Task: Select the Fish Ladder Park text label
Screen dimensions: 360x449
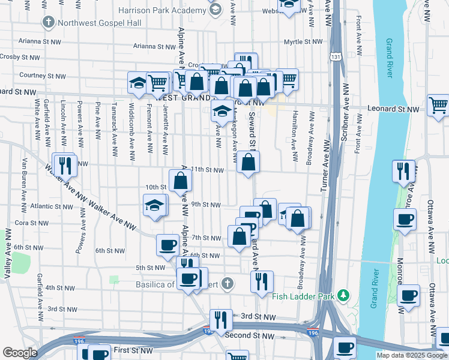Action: pyautogui.click(x=303, y=295)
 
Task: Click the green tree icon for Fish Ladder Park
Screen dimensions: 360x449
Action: pyautogui.click(x=343, y=295)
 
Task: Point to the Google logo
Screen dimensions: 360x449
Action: pyautogui.click(x=20, y=353)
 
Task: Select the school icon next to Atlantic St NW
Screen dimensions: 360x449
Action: pyautogui.click(x=155, y=205)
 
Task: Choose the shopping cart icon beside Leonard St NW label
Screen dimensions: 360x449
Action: pyautogui.click(x=439, y=106)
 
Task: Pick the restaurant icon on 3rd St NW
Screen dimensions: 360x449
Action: pyautogui.click(x=221, y=320)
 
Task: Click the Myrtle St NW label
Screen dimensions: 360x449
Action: pyautogui.click(x=303, y=42)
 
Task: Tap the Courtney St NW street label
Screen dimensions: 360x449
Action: pyautogui.click(x=42, y=76)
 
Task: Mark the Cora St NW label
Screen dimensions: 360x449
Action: pyautogui.click(x=26, y=223)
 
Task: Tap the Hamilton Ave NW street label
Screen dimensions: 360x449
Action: pyautogui.click(x=295, y=136)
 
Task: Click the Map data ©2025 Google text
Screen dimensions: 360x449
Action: pyautogui.click(x=412, y=355)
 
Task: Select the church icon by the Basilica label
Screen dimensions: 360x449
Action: pyautogui.click(x=226, y=283)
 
